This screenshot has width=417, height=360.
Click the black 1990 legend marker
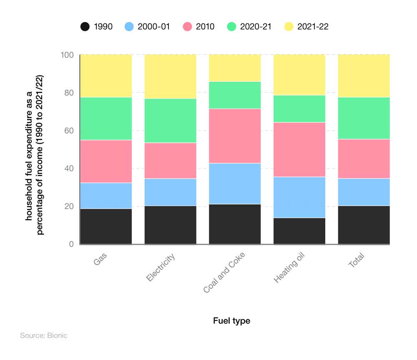click(x=85, y=27)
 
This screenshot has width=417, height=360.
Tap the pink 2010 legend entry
click(x=198, y=27)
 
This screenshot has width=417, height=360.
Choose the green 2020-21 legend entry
click(x=249, y=27)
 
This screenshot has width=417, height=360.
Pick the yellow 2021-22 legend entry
click(x=306, y=27)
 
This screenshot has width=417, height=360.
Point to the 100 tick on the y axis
click(x=68, y=55)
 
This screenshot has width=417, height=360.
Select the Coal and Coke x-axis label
click(x=224, y=272)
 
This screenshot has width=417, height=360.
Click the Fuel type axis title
click(x=231, y=321)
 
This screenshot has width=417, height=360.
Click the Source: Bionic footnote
click(x=43, y=335)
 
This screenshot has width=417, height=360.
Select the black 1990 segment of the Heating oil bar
click(x=299, y=231)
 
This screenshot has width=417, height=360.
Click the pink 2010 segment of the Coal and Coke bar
click(x=235, y=136)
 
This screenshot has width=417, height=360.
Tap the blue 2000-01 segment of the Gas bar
click(x=106, y=195)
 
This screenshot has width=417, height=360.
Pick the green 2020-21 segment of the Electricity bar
click(x=170, y=121)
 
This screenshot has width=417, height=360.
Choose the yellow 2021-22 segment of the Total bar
click(x=364, y=76)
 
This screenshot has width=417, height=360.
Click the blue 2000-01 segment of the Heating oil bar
click(x=299, y=197)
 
